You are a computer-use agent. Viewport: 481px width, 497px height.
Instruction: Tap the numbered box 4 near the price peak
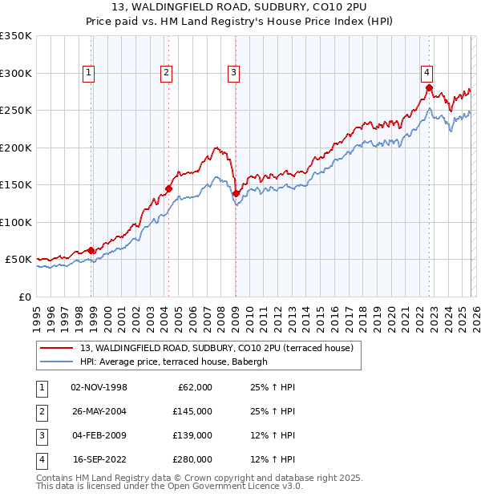click(427, 71)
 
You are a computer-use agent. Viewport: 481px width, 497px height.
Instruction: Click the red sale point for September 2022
click(429, 88)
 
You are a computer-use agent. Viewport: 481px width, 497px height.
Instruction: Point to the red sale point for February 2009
click(236, 193)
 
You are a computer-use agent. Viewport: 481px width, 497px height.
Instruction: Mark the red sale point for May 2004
click(169, 189)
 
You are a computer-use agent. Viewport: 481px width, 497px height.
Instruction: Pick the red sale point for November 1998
click(91, 251)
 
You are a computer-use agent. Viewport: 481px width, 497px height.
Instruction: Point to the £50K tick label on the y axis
click(18, 260)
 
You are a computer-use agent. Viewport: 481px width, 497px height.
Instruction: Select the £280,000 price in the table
click(192, 459)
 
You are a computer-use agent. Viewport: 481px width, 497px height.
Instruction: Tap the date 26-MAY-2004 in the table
click(99, 411)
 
